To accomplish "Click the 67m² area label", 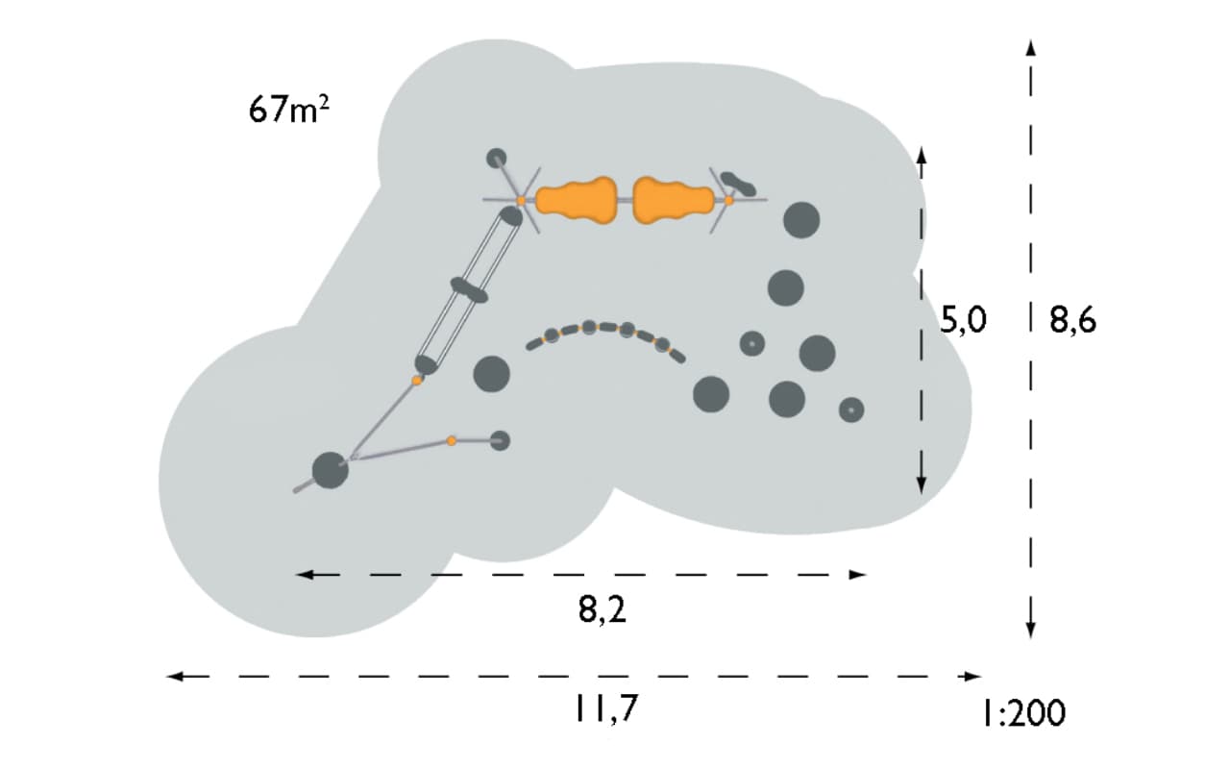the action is tap(289, 109).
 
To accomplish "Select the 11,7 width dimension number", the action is tap(606, 708).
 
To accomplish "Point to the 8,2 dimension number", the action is tap(602, 609).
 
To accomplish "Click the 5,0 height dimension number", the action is tap(963, 320).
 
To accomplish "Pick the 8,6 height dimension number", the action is tap(1073, 320).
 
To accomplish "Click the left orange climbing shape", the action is tap(576, 201).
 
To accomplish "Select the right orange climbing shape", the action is tap(674, 201).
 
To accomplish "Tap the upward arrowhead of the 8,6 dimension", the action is tap(1031, 48).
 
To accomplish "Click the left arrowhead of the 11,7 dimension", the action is tap(175, 676).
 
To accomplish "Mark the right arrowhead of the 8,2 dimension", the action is tap(858, 575).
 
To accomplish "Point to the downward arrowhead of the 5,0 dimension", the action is tap(922, 484).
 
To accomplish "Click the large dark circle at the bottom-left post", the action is tap(330, 470).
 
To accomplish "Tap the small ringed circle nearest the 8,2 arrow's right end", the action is tap(851, 410).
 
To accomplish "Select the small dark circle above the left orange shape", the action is tap(497, 159).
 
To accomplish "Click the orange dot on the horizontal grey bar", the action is tap(452, 440).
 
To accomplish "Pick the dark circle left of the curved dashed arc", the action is tap(491, 374).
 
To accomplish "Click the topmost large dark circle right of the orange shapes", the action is tap(801, 220).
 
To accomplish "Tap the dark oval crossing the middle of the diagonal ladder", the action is tap(469, 290).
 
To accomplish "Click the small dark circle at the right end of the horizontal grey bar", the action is tap(500, 440).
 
